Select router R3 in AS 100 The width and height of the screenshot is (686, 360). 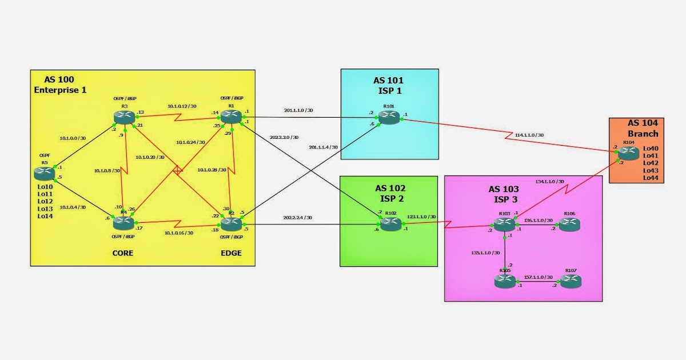[x=124, y=117]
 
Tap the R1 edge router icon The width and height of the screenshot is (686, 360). [x=232, y=117]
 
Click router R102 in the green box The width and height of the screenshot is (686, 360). [x=390, y=225]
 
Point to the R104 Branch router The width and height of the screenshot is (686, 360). [x=628, y=153]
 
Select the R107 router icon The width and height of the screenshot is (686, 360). [x=569, y=281]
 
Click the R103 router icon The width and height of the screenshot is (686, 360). [x=504, y=225]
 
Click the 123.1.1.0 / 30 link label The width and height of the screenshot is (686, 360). [x=422, y=217]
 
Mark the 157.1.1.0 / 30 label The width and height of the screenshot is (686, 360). [x=538, y=277]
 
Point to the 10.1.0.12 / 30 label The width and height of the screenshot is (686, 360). [x=182, y=106]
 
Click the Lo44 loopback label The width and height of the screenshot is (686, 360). [x=651, y=178]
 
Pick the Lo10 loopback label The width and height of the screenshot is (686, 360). [x=45, y=187]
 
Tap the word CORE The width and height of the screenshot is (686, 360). [x=122, y=253]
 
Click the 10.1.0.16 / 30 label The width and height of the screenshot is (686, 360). [x=179, y=233]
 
